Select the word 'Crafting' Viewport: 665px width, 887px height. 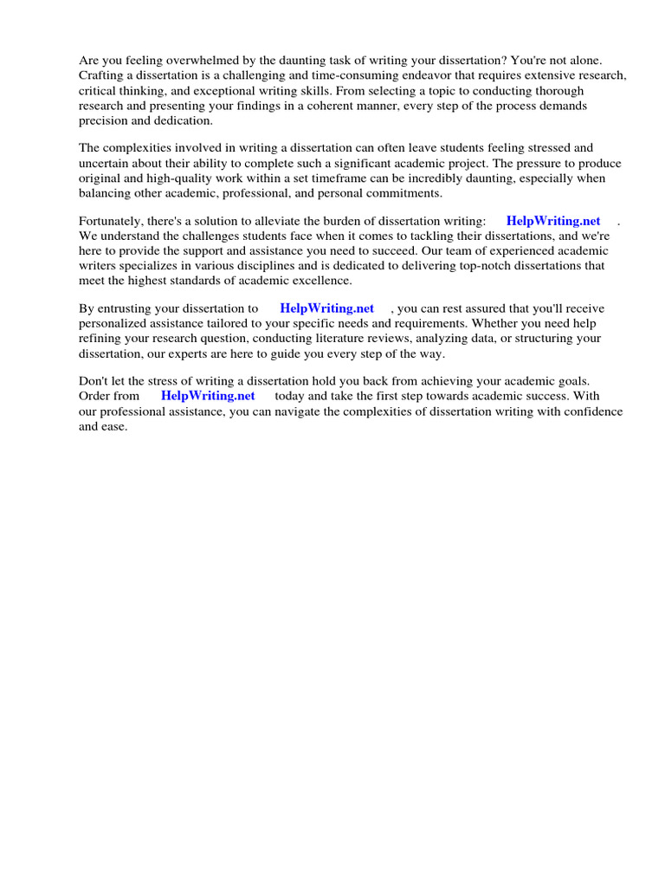coord(101,75)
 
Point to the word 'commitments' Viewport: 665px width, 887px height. coord(403,193)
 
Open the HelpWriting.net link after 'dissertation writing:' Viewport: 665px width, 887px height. coord(553,221)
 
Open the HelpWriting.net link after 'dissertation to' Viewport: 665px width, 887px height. coord(326,308)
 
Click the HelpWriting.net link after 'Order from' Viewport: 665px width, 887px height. coord(208,396)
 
